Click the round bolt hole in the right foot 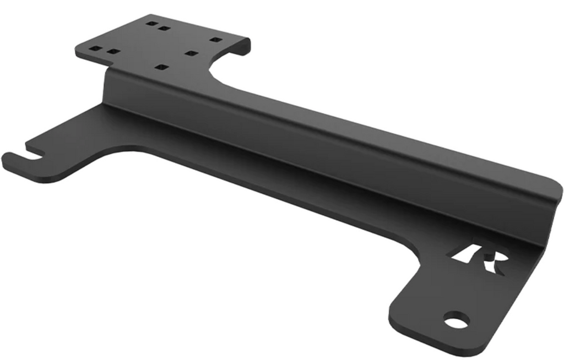pos(456,320)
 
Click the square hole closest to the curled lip pos(216,40)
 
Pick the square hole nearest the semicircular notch pos(191,53)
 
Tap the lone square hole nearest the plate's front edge pos(161,67)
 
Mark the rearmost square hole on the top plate pos(150,24)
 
